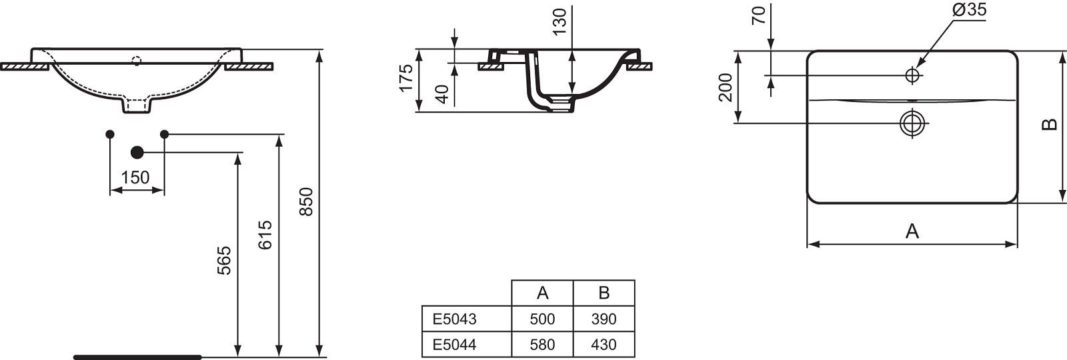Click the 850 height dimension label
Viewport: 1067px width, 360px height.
[306, 202]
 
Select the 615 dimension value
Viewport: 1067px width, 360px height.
[265, 235]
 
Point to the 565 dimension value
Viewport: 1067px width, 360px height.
[224, 261]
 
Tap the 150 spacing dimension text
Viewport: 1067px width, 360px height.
[135, 177]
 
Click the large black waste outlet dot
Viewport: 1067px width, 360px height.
[137, 153]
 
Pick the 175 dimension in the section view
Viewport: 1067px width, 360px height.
[405, 78]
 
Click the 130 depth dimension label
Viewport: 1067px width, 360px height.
[560, 21]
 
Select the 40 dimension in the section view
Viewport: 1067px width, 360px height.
[443, 94]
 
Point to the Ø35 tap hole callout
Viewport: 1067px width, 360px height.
[970, 9]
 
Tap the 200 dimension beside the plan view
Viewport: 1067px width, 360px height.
[726, 87]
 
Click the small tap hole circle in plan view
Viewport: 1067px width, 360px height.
[912, 75]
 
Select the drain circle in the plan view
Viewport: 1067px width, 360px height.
[912, 123]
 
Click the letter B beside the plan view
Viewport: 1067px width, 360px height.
[1050, 125]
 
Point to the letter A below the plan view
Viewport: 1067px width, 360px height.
[912, 231]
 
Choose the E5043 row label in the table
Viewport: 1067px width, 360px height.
[454, 319]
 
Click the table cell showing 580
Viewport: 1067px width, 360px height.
[542, 344]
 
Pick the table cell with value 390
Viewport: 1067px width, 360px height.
[604, 319]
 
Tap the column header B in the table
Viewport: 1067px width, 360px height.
[604, 293]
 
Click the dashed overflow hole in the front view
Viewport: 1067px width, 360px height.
[137, 61]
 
